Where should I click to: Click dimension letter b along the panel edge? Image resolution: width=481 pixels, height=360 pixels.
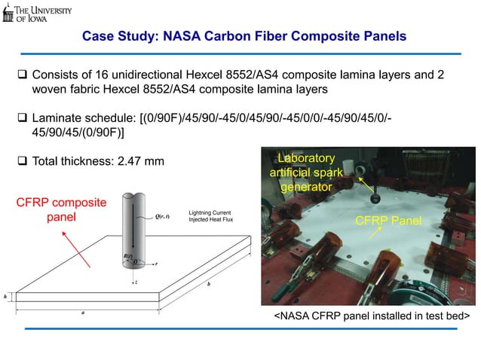pyautogui.click(x=209, y=285)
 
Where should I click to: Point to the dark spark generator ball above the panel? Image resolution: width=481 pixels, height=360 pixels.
pyautogui.click(x=375, y=197)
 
